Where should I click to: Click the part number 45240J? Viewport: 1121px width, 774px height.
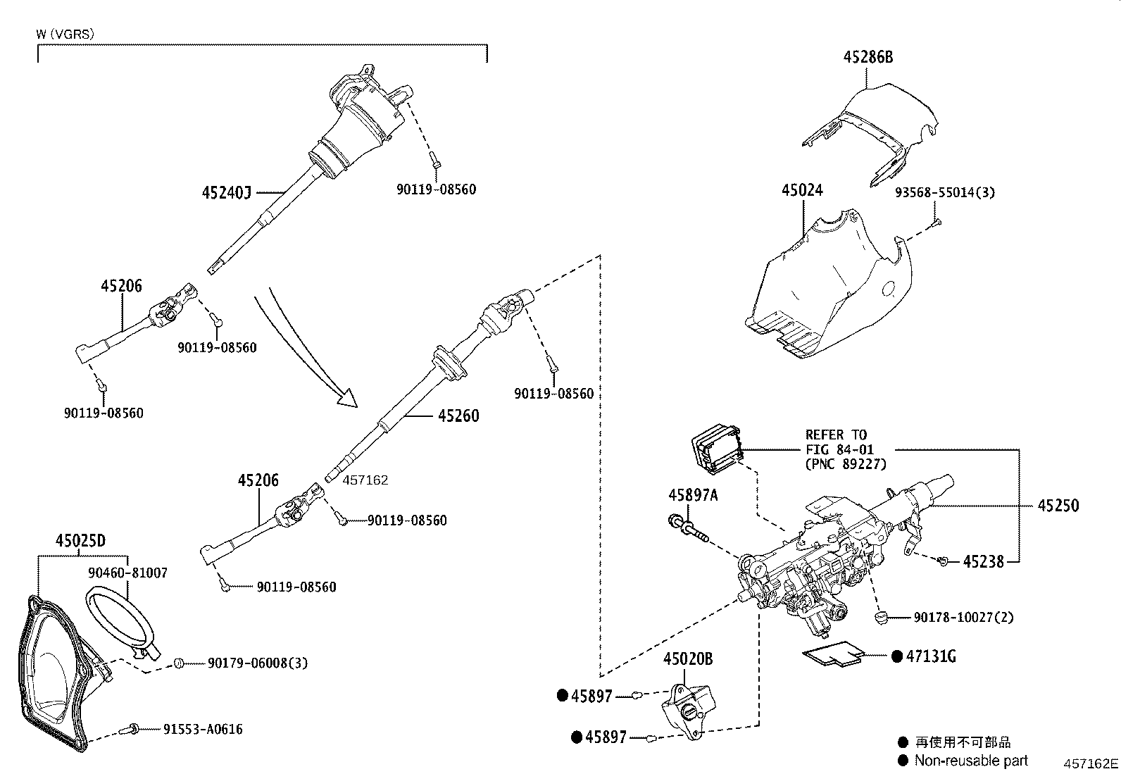pyautogui.click(x=226, y=192)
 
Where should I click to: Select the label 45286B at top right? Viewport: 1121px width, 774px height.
pyautogui.click(x=868, y=57)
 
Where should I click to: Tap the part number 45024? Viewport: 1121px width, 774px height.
pyautogui.click(x=802, y=190)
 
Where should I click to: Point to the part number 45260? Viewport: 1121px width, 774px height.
pyautogui.click(x=458, y=416)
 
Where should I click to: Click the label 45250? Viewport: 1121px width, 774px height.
pyautogui.click(x=1058, y=505)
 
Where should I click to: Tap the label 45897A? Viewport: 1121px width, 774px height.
pyautogui.click(x=693, y=495)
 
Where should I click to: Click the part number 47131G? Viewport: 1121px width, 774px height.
pyautogui.click(x=930, y=656)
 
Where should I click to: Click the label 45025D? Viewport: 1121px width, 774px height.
pyautogui.click(x=80, y=541)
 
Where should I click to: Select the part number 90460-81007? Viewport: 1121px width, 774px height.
pyautogui.click(x=127, y=573)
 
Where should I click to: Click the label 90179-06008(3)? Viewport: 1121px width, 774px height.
pyautogui.click(x=257, y=663)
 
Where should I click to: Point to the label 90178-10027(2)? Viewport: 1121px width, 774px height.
pyautogui.click(x=963, y=617)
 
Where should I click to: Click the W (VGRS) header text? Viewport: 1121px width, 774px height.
pyautogui.click(x=65, y=33)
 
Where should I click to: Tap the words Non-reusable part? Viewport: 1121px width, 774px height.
pyautogui.click(x=971, y=760)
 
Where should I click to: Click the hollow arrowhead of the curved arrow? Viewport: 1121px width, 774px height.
pyautogui.click(x=348, y=399)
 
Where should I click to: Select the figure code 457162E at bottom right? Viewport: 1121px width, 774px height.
pyautogui.click(x=1090, y=763)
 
